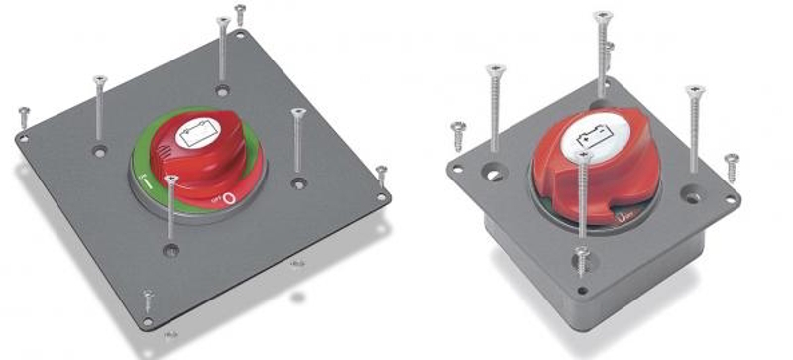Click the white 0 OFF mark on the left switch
click(229, 198)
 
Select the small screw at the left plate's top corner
click(240, 13)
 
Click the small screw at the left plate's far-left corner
click(24, 116)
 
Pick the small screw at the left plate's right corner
click(381, 173)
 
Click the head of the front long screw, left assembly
click(171, 180)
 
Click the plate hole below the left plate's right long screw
click(298, 182)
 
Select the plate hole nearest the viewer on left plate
click(171, 252)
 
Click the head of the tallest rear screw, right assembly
click(603, 16)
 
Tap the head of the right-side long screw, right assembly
click(695, 90)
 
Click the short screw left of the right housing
click(458, 129)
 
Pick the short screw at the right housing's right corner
click(732, 159)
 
